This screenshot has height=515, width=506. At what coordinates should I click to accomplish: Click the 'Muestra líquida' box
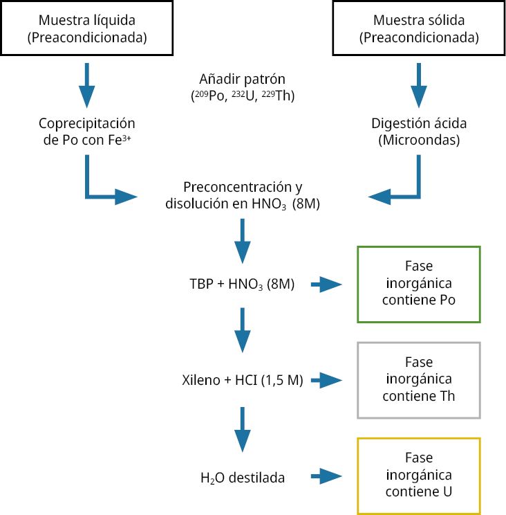(x=87, y=28)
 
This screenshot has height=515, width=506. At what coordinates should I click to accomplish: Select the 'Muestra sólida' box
(x=418, y=28)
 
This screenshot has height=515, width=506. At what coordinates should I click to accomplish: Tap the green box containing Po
(x=418, y=284)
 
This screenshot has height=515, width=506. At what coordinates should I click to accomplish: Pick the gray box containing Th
(x=418, y=379)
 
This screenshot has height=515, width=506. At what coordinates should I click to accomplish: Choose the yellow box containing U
(x=418, y=476)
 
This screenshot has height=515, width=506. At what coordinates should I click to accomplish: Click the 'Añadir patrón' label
(x=243, y=79)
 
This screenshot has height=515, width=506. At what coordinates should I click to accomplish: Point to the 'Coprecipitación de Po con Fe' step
(x=87, y=132)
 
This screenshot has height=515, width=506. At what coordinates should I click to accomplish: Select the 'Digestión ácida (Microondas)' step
(x=419, y=132)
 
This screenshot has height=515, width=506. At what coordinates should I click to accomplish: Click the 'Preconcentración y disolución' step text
(x=243, y=196)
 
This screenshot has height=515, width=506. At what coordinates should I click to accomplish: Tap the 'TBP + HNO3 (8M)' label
(x=243, y=284)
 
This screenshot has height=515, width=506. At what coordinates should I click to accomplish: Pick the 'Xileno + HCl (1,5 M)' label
(x=243, y=380)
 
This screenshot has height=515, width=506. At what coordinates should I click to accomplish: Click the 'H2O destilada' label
(x=243, y=477)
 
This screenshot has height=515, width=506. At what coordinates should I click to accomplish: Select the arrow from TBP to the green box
(x=328, y=284)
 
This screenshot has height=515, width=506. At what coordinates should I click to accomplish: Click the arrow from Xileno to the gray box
(x=328, y=380)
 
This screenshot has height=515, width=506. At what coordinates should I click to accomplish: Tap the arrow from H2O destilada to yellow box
(x=328, y=476)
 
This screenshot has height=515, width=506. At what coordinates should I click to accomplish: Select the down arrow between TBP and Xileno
(x=242, y=330)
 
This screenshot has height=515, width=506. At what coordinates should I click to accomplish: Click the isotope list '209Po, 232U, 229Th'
(x=243, y=96)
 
